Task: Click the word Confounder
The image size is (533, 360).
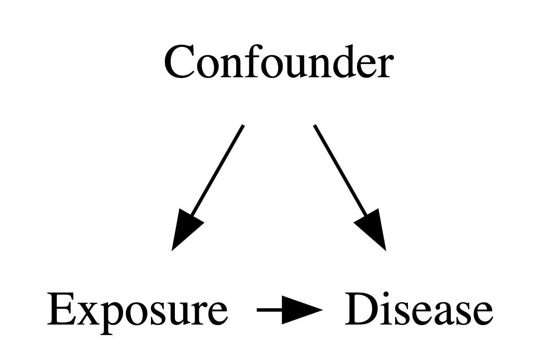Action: [279, 61]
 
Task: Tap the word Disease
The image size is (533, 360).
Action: [419, 309]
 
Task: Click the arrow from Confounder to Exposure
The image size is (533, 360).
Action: [208, 188]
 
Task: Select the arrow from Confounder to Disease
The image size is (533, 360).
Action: [350, 188]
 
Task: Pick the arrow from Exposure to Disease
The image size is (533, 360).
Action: [290, 310]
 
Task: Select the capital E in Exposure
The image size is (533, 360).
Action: [62, 309]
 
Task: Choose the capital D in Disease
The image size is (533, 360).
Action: [361, 309]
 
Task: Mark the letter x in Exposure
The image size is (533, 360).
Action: [90, 313]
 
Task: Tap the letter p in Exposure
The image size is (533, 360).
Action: [113, 318]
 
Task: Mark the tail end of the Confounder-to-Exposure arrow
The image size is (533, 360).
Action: [243, 125]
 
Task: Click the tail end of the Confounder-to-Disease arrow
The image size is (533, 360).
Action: [315, 125]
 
